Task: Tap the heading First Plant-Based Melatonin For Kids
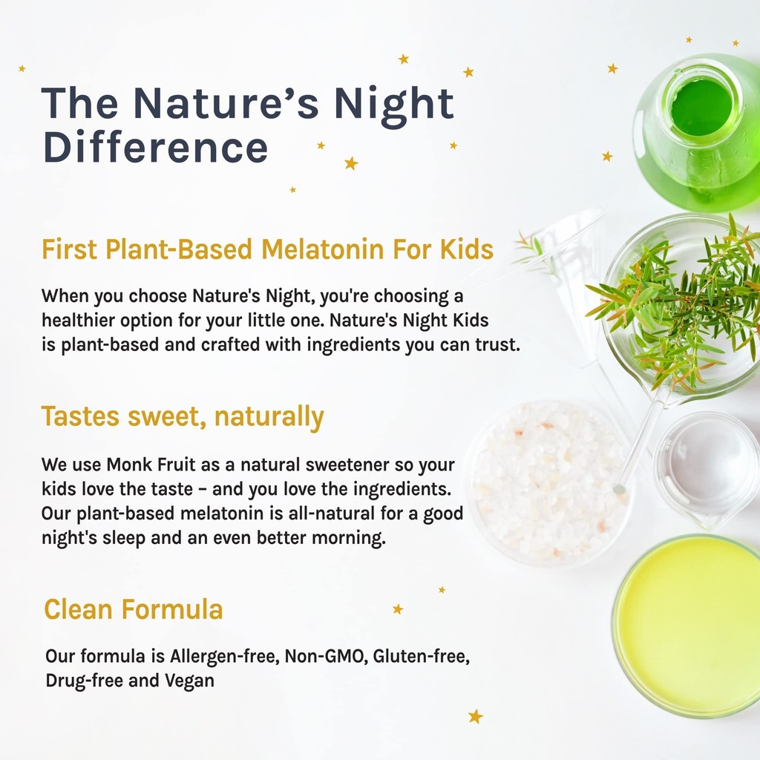[267, 249]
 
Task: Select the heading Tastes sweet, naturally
[183, 417]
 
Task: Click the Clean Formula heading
[134, 609]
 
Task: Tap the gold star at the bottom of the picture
[475, 716]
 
